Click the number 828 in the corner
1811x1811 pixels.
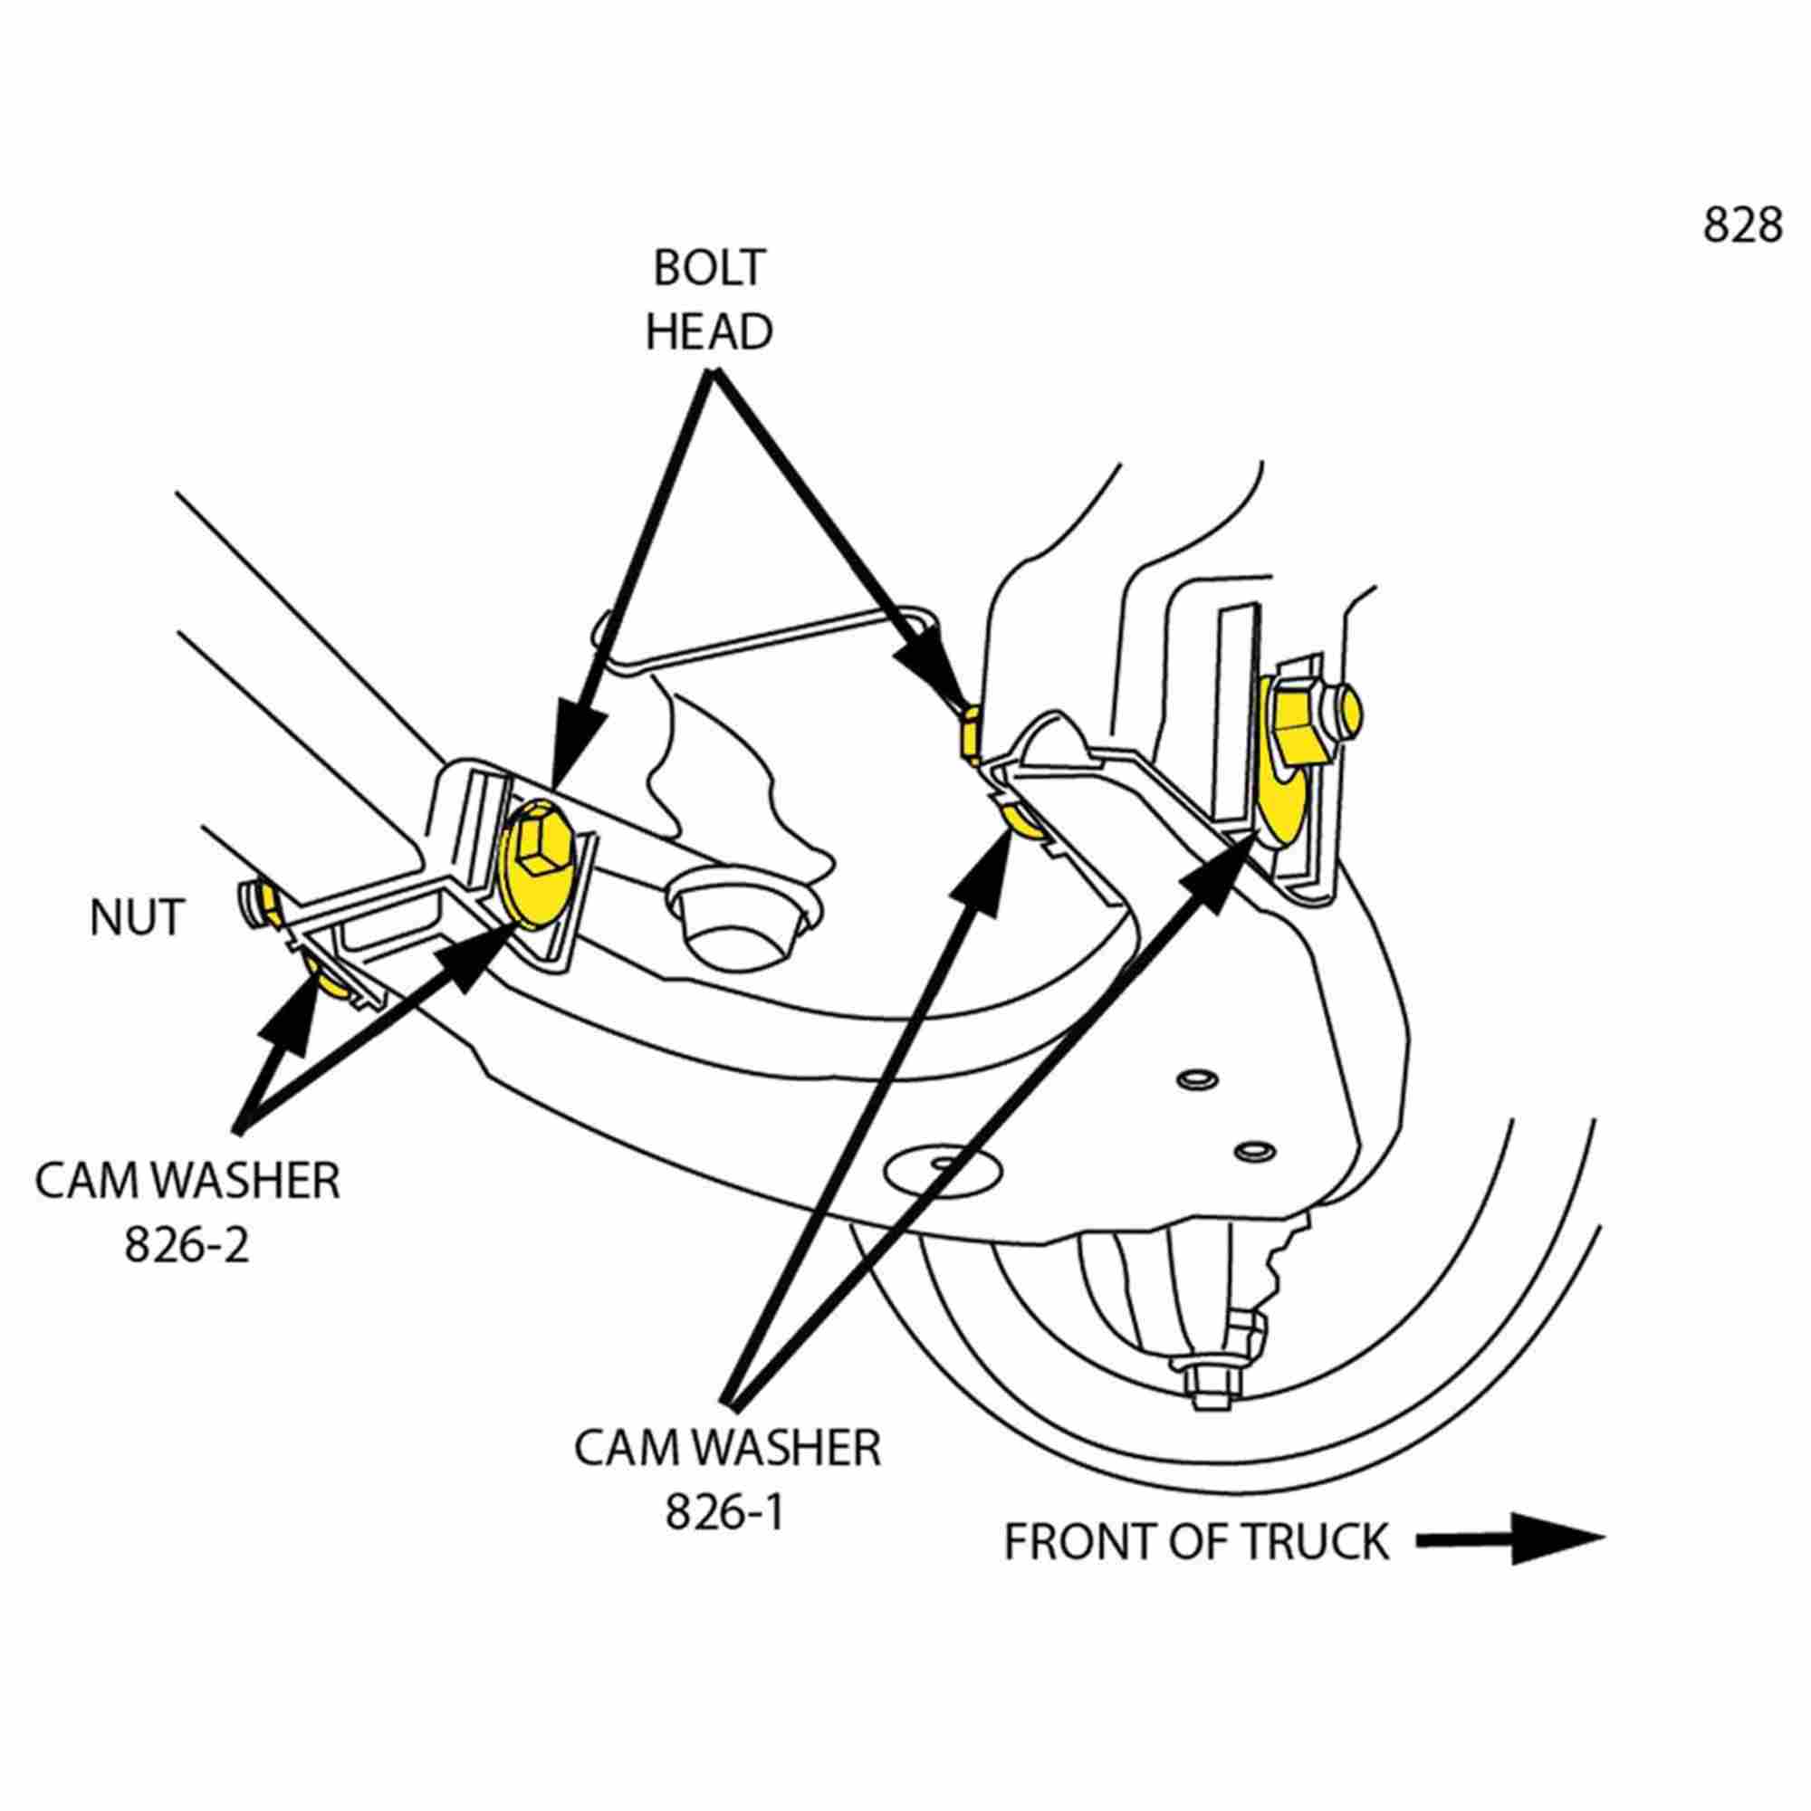click(x=1740, y=225)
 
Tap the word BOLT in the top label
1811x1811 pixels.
click(x=709, y=268)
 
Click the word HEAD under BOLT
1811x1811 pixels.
click(x=709, y=331)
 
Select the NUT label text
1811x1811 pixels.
click(x=136, y=917)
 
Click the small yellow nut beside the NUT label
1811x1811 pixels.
click(x=264, y=903)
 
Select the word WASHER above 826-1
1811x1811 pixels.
click(x=788, y=1448)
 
